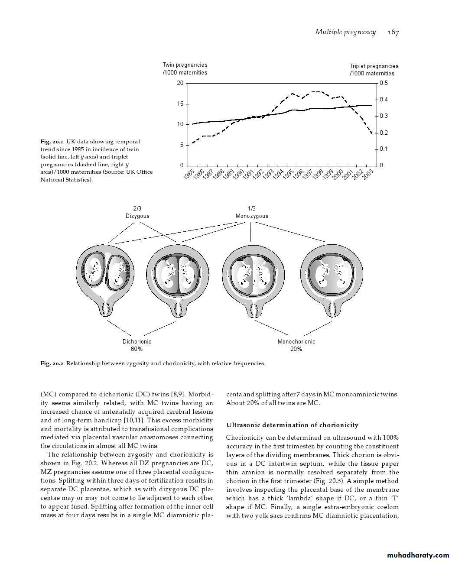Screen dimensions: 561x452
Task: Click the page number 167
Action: pos(393,32)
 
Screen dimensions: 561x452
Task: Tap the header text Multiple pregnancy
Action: pos(345,32)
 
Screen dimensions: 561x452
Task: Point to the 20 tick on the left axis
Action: pos(180,83)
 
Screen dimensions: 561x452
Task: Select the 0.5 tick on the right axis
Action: pos(384,83)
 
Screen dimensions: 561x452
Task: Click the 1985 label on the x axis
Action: pos(189,175)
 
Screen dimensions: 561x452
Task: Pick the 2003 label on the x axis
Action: pos(367,175)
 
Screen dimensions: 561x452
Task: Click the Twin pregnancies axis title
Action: pos(185,68)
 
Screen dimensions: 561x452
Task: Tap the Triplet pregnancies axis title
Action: pos(374,70)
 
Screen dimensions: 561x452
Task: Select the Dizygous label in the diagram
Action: pos(137,216)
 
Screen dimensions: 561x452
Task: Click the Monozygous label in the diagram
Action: pos(252,216)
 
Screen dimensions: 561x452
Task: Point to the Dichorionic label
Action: pos(137,341)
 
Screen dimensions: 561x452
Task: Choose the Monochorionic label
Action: pos(296,341)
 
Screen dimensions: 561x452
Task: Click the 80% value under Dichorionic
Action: pos(137,349)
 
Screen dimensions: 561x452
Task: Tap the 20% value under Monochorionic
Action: pos(296,349)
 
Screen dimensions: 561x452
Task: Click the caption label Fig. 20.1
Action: pos(52,142)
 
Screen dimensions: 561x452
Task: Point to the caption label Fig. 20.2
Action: pos(52,363)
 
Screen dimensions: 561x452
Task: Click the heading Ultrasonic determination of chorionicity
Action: pos(292,425)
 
